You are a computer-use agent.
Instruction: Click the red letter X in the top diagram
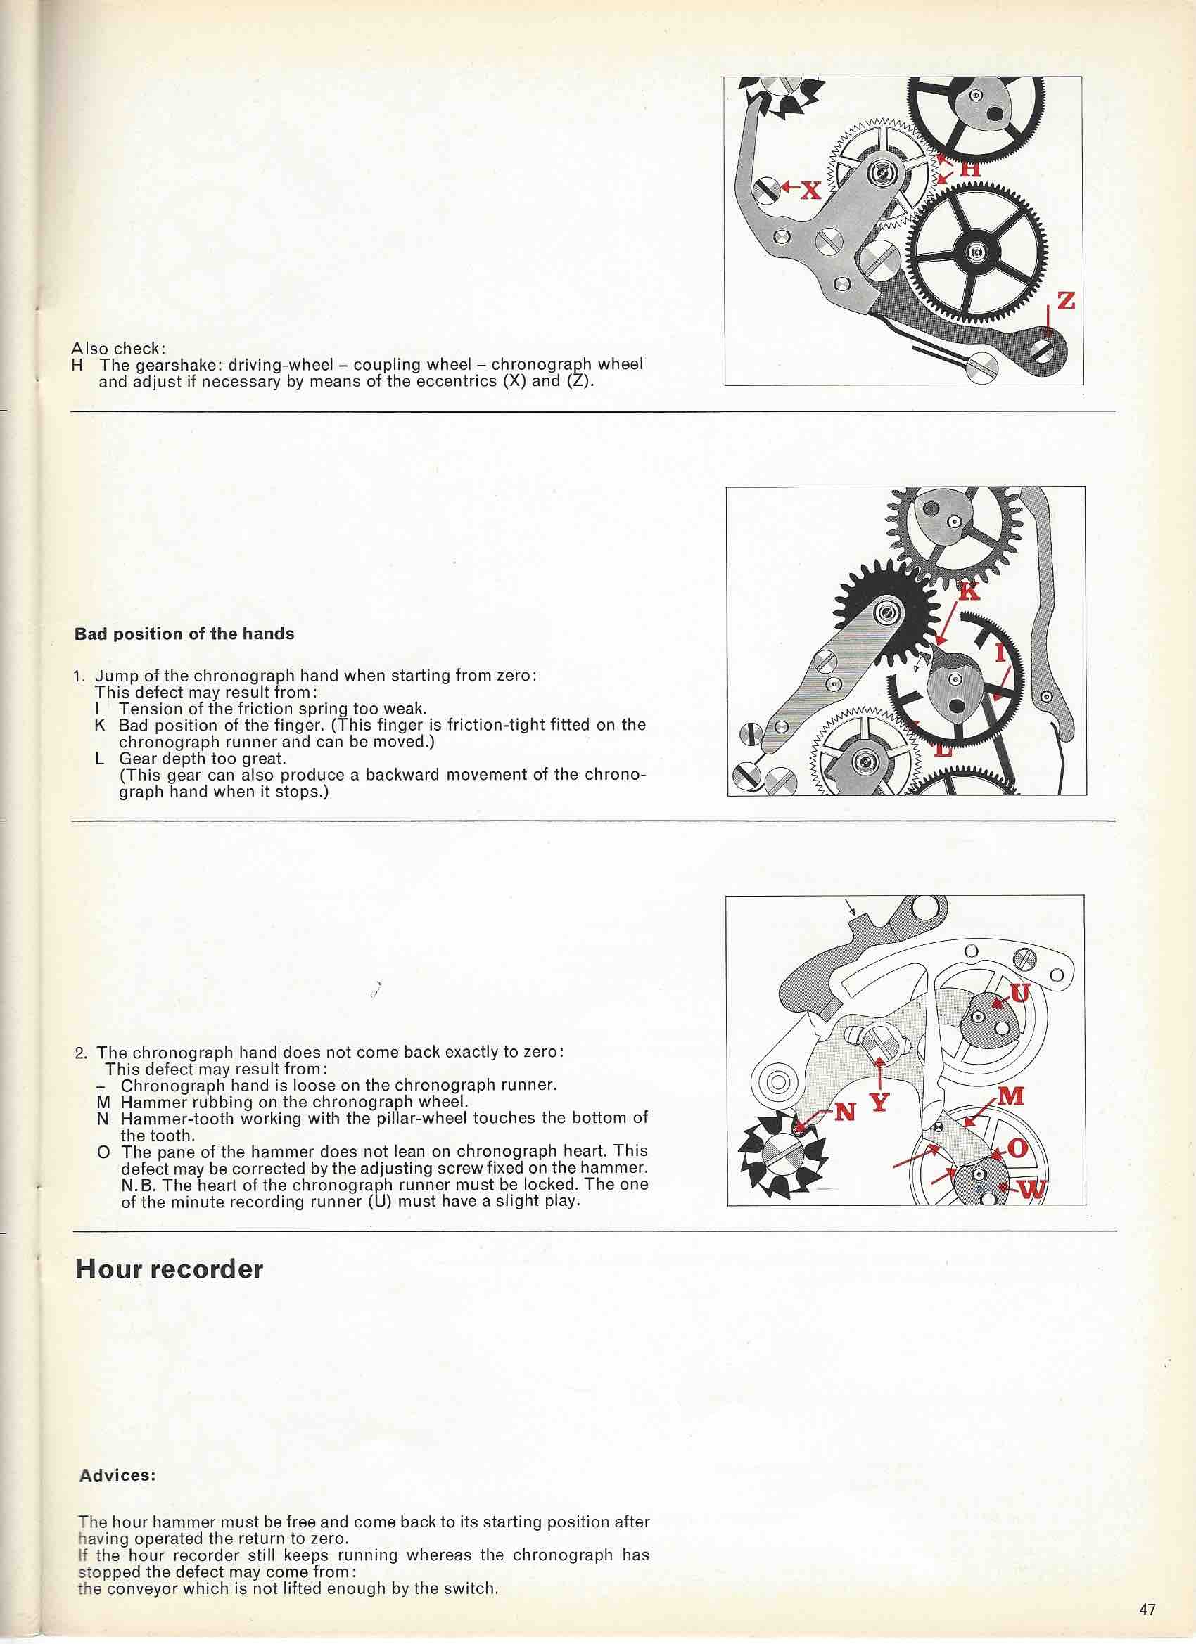click(x=810, y=190)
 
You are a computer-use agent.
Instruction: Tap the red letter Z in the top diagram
click(x=1065, y=301)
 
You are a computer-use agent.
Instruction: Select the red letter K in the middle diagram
click(x=969, y=591)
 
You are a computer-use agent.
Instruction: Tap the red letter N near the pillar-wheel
click(x=845, y=1111)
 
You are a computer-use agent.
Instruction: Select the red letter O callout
click(x=1017, y=1150)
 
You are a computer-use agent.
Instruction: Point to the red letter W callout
click(x=1033, y=1190)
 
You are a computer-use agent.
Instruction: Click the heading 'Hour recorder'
click(x=169, y=1269)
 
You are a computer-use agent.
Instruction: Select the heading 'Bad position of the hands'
click(x=184, y=634)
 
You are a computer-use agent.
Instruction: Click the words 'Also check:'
click(x=118, y=348)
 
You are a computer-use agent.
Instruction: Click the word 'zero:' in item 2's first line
click(x=541, y=1052)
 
